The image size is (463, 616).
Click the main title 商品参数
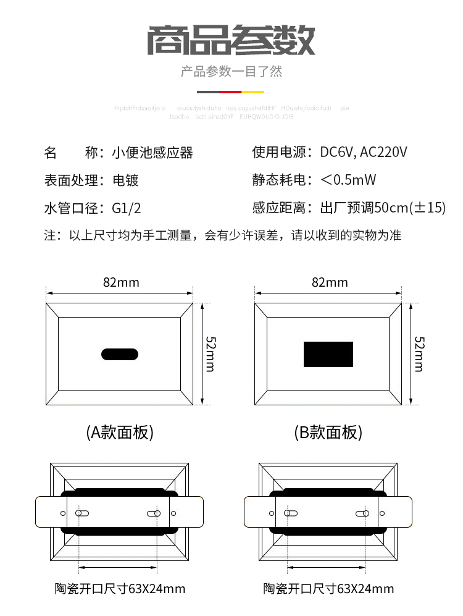point(231,40)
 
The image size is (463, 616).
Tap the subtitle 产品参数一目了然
point(231,72)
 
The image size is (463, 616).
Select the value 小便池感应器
point(152,153)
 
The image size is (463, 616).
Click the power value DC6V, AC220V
point(364,153)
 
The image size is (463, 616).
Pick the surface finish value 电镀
point(125,180)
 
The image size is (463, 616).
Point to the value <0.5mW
point(348,180)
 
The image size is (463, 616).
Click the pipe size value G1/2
point(127,208)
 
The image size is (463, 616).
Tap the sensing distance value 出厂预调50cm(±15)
point(382,208)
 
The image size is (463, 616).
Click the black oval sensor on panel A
point(120,354)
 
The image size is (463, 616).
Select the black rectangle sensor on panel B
point(328,354)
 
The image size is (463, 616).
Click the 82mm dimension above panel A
point(121,282)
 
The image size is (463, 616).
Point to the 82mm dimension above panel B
point(330,282)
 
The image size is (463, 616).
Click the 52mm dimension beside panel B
point(419,353)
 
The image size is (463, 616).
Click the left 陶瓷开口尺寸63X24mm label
point(120,589)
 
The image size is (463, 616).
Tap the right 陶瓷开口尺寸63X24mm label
point(328,589)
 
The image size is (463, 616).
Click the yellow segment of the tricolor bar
point(253,91)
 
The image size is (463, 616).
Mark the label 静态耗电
point(278,180)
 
